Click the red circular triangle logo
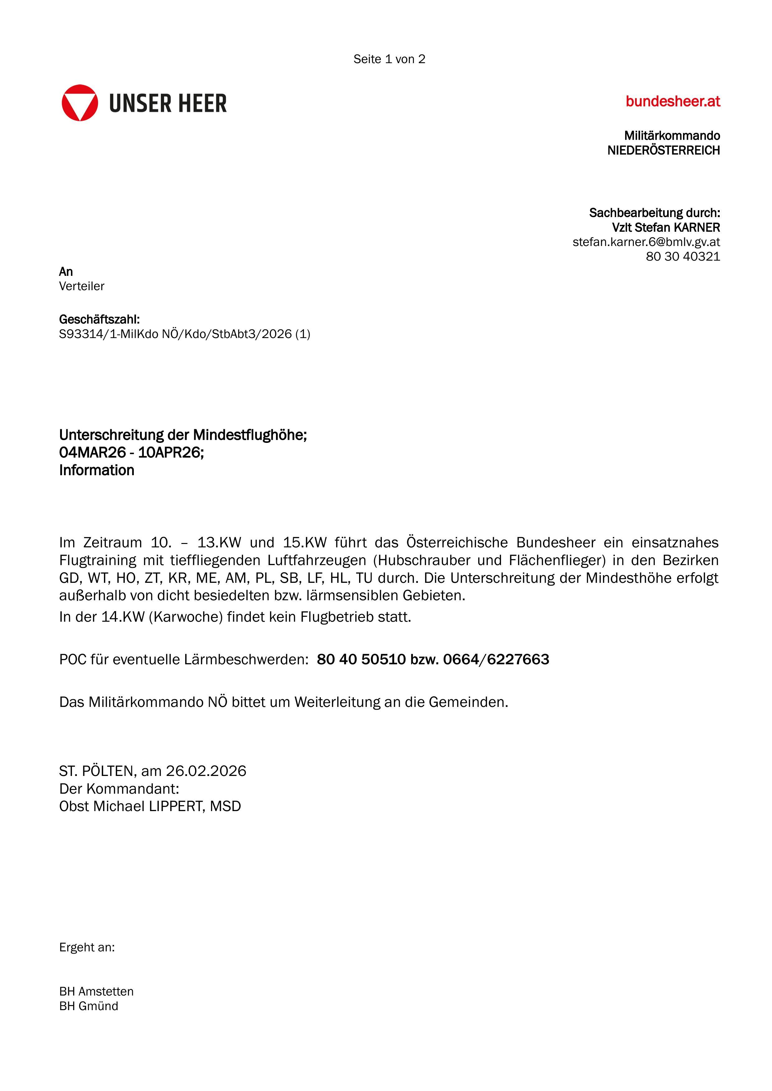click(80, 103)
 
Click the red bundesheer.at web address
click(673, 101)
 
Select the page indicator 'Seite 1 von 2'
click(389, 59)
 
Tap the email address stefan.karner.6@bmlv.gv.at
click(646, 242)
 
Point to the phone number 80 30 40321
click(683, 257)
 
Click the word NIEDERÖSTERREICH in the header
click(664, 151)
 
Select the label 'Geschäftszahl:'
click(99, 319)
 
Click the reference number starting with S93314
click(185, 334)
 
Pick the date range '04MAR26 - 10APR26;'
click(132, 453)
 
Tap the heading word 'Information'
click(96, 471)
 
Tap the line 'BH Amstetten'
click(96, 991)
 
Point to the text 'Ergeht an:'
click(87, 948)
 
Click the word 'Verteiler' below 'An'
click(82, 286)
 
